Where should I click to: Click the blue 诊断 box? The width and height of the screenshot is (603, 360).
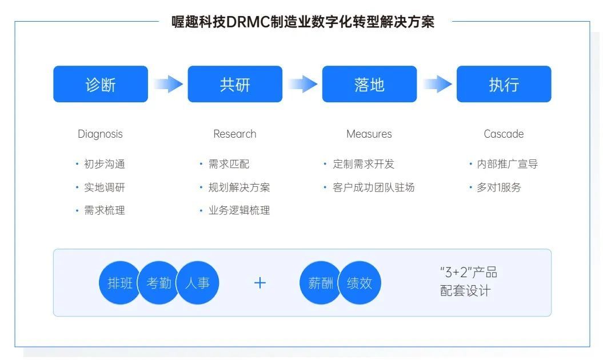point(101,84)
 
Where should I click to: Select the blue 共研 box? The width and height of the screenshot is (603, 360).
point(235,84)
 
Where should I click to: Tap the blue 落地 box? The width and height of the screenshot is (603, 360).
point(370,84)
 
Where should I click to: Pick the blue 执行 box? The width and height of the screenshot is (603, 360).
point(504,84)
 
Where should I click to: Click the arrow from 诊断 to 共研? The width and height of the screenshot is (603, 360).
point(168,84)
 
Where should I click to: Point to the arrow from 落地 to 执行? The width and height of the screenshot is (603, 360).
point(437,84)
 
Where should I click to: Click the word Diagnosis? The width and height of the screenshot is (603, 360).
point(100,134)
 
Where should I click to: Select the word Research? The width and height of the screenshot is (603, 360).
point(234,134)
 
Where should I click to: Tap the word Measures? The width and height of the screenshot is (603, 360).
point(369,134)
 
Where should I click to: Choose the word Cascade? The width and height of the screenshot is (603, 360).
point(504,134)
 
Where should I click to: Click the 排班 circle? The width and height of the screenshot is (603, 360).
point(120,283)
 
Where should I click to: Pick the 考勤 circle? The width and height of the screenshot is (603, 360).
point(158,283)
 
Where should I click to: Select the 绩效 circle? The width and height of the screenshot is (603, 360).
point(359,283)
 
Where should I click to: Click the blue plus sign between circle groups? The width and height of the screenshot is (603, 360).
point(260,283)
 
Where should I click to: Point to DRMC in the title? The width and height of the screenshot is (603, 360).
point(248,22)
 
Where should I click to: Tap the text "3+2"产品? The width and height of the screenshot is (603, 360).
point(469,273)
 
